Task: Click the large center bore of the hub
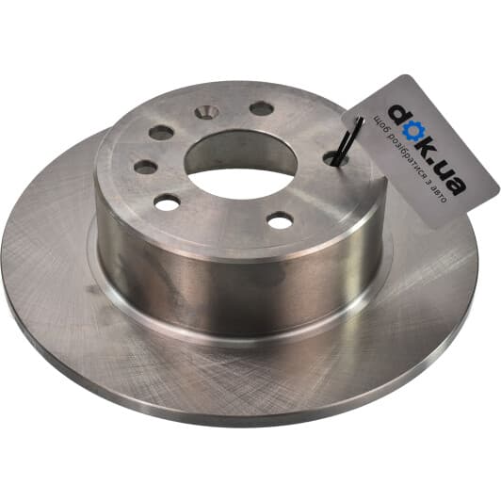click(241, 165)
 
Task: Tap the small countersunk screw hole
click(206, 112)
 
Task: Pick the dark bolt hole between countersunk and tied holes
click(262, 108)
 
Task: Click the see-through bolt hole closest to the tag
click(281, 221)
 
